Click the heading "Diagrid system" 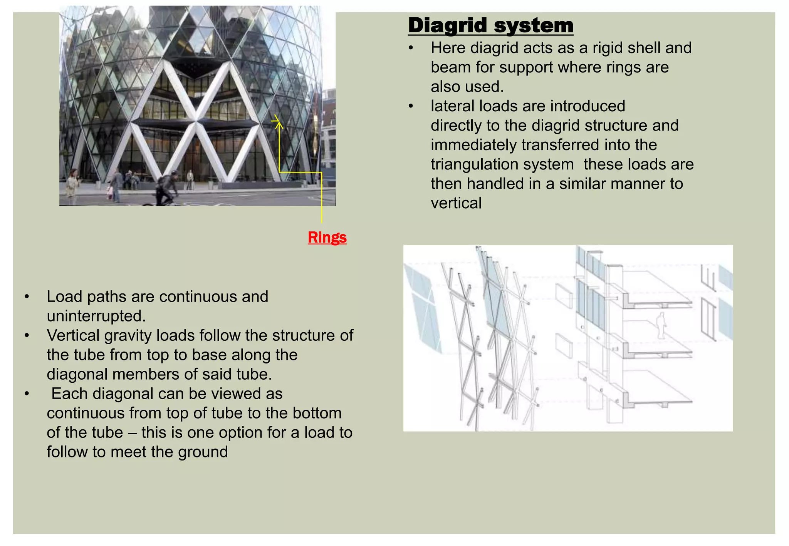(490, 25)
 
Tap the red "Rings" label (327, 237)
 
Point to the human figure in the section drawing (661, 326)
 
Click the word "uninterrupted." (96, 316)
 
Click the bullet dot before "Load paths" (27, 297)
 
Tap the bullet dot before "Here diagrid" (411, 48)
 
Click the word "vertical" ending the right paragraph (456, 203)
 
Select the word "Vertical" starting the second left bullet (73, 335)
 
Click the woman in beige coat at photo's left (72, 182)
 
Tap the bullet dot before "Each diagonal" (27, 394)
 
